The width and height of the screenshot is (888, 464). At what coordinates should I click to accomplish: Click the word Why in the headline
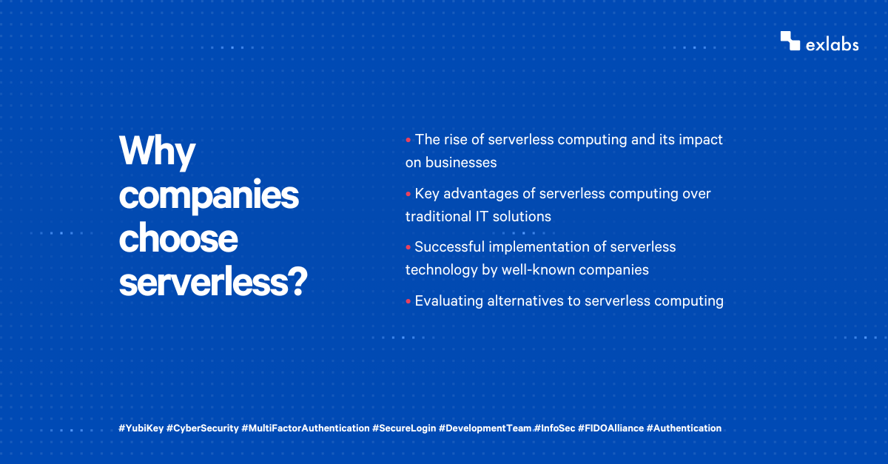tap(157, 152)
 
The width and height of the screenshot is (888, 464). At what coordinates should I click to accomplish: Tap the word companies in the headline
tap(209, 197)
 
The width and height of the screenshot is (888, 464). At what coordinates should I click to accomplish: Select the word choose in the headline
tap(178, 240)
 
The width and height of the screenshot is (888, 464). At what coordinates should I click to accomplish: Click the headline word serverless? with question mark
tap(213, 283)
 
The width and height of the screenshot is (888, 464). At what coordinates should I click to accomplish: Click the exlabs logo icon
tap(790, 41)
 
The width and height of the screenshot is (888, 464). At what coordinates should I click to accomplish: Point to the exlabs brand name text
tap(832, 44)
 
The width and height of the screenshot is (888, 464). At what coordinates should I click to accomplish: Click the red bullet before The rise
tap(408, 139)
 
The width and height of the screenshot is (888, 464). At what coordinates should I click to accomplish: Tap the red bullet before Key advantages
tap(408, 194)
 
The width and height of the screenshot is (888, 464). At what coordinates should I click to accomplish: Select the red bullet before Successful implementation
tap(408, 247)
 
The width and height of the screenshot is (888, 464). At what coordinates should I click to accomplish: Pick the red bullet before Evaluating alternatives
tap(408, 301)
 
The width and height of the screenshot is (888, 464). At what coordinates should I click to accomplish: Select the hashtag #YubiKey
tap(141, 428)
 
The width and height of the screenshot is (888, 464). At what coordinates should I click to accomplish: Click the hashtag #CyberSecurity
tap(203, 428)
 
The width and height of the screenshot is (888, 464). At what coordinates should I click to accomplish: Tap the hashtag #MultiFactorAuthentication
tap(306, 428)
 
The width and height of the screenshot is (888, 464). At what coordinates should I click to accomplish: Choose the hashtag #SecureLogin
tap(404, 428)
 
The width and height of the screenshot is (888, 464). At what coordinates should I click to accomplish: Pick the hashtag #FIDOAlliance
tap(611, 428)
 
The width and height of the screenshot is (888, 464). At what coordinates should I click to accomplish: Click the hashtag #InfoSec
tap(555, 428)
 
